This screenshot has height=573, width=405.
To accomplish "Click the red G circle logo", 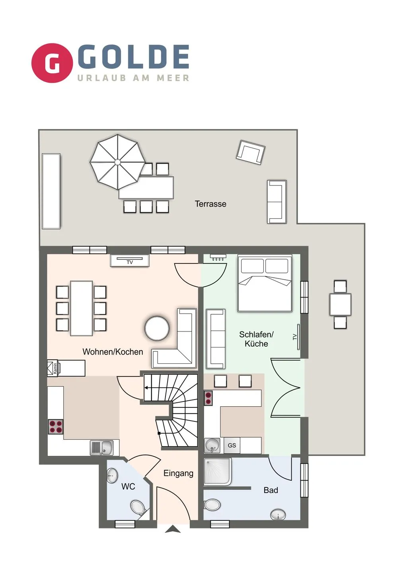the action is [52, 63].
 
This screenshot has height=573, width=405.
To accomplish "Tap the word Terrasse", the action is [210, 204].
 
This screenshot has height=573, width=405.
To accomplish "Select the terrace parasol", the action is [118, 162].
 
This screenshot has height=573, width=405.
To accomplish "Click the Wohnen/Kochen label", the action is [113, 352].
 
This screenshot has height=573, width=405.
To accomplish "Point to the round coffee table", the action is [157, 328].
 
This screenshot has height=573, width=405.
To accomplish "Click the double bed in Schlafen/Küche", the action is [265, 283].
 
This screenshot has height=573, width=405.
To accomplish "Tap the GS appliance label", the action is [232, 445].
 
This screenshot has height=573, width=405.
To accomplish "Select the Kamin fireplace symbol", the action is [54, 368].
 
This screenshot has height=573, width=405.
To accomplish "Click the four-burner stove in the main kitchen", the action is [56, 427].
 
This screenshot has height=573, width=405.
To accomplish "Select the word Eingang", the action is [179, 473].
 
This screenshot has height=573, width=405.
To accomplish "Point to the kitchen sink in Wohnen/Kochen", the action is [101, 447].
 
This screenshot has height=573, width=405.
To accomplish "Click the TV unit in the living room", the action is [130, 261].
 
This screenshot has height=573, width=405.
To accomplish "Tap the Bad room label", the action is [271, 490].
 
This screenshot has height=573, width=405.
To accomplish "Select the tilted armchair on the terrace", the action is [251, 152].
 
